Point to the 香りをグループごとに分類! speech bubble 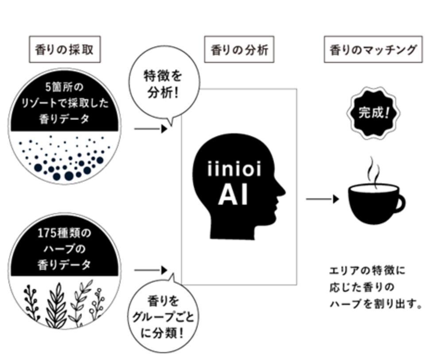[x=162, y=317]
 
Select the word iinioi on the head [x=233, y=170]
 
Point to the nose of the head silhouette [x=282, y=191]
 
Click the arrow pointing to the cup [x=322, y=199]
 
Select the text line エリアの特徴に [x=367, y=270]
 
